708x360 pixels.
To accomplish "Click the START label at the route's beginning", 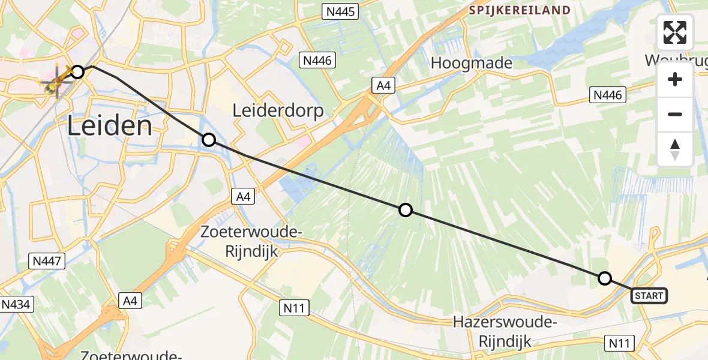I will pos(649,295).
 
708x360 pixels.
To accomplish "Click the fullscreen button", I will pos(675,32).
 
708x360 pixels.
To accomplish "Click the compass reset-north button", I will pos(675,149).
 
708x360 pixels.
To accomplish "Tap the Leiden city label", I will pos(109,127).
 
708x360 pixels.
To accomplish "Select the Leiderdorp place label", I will pos(278,111).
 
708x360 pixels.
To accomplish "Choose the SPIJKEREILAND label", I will pos(519,10).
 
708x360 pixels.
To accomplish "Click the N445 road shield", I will pos(340,11).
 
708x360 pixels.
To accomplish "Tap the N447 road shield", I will pos(47,260).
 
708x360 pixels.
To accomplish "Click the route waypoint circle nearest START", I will pos(605,278).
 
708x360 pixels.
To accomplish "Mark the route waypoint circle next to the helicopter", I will pos(77,72).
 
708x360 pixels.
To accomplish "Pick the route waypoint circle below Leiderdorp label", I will pos(208,140).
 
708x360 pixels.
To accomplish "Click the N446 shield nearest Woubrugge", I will pos(608,94).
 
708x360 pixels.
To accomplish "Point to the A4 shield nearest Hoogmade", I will pos(383,86).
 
